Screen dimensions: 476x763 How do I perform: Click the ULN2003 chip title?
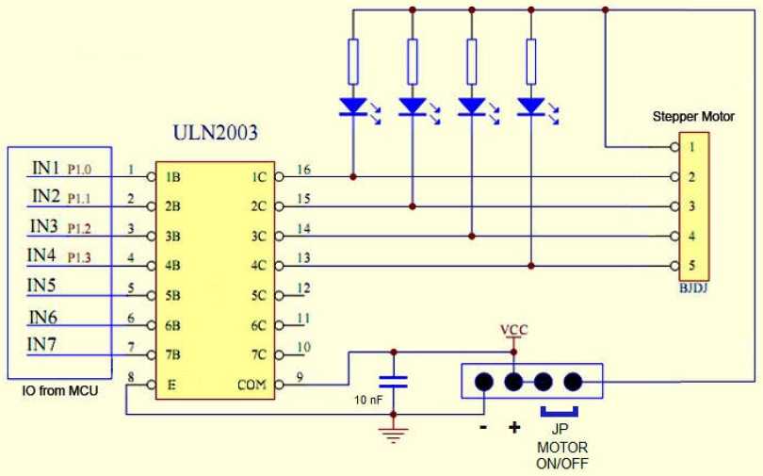tap(216, 132)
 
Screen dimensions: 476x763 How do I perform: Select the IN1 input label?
tap(44, 167)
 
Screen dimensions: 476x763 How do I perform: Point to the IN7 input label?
tap(41, 345)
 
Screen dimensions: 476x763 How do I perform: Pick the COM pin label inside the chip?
tap(252, 386)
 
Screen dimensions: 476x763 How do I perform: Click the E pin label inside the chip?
tap(170, 386)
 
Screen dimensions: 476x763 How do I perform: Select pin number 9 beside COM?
tap(300, 377)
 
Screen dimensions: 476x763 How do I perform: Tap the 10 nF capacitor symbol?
tap(393, 383)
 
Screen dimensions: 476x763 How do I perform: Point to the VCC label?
tap(513, 329)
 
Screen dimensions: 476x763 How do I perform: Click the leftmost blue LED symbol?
tap(352, 106)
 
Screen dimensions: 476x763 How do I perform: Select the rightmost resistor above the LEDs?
tap(532, 60)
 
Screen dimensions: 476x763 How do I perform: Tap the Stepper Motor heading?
tap(693, 117)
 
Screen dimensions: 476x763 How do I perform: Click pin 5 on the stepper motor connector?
tap(691, 266)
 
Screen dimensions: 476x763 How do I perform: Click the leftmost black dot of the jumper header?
tap(484, 383)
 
